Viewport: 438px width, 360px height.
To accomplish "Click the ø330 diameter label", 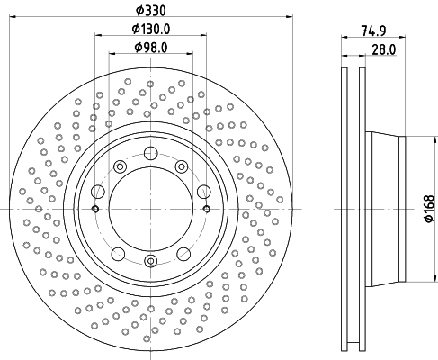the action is pyautogui.click(x=150, y=11).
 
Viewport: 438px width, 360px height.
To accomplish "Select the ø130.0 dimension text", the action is pyautogui.click(x=151, y=29).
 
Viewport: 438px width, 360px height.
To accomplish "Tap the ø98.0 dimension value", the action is pyautogui.click(x=151, y=47).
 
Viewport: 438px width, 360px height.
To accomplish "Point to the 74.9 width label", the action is pyautogui.click(x=373, y=31).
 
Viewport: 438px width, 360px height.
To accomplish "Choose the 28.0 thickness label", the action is pyautogui.click(x=384, y=49).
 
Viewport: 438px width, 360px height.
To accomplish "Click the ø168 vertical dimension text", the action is pyautogui.click(x=429, y=209).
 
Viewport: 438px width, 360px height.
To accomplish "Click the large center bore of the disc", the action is pyautogui.click(x=151, y=209).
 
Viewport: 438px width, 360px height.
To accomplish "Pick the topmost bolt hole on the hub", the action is pyautogui.click(x=151, y=153).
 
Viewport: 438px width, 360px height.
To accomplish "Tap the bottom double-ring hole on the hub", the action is pyautogui.click(x=151, y=261).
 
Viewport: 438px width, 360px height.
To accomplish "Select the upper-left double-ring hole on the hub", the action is pyautogui.click(x=120, y=166).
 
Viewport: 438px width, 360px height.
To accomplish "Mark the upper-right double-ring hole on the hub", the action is pyautogui.click(x=182, y=166).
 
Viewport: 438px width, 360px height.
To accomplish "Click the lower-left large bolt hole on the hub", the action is pyautogui.click(x=118, y=254).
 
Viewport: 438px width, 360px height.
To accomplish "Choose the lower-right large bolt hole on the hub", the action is pyautogui.click(x=183, y=254).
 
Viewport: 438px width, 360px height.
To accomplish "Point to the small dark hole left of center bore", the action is pyautogui.click(x=95, y=209).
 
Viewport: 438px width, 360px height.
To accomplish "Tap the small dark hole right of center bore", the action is pyautogui.click(x=207, y=209).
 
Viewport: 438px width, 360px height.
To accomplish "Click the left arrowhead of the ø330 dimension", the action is pyautogui.click(x=13, y=17).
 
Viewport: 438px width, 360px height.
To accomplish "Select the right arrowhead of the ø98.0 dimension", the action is pyautogui.click(x=190, y=54).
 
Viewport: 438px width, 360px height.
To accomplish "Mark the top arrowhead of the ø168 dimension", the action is pyautogui.click(x=434, y=139).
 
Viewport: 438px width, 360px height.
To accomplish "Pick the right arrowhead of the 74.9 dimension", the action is pyautogui.click(x=402, y=37).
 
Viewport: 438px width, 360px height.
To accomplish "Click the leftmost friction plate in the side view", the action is pyautogui.click(x=344, y=209).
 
